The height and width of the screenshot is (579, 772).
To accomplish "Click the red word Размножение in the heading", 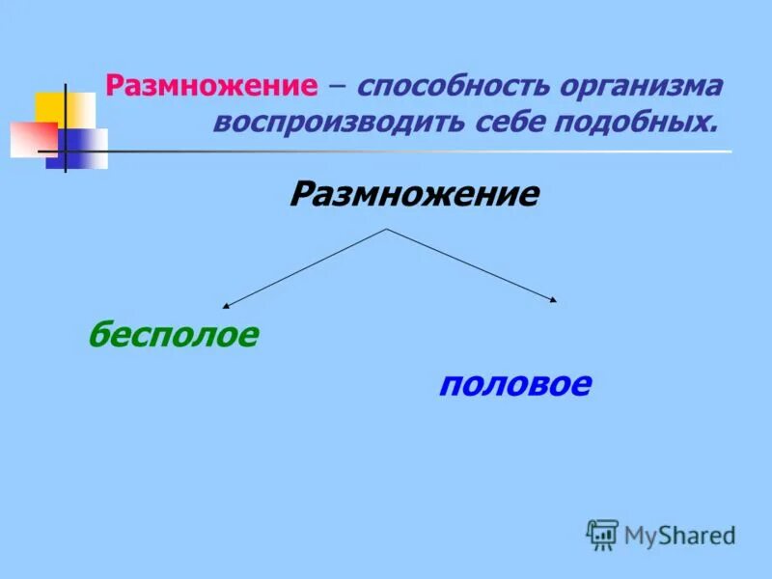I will point(211,86).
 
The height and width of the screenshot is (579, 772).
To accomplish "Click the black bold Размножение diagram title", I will point(414,195).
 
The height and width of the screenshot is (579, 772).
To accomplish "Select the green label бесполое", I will point(174,335).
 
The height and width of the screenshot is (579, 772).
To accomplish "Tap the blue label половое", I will point(514,385).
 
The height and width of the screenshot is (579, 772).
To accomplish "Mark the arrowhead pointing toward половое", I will point(554,301).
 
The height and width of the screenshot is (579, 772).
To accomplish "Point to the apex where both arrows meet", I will point(387,229).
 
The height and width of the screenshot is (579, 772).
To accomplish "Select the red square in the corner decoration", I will point(31,140).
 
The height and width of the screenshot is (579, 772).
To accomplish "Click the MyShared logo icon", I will point(602,534).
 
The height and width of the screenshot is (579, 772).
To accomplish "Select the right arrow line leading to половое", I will point(471,264).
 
